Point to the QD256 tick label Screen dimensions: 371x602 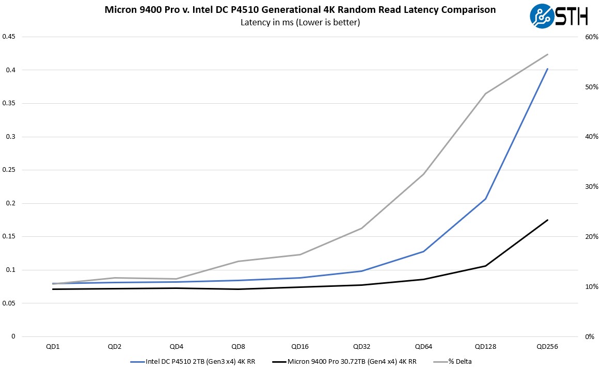pyautogui.click(x=547, y=346)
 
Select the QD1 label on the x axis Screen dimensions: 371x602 pyautogui.click(x=53, y=346)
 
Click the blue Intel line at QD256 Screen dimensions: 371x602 pyautogui.click(x=547, y=69)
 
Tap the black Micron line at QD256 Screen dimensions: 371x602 pyautogui.click(x=547, y=220)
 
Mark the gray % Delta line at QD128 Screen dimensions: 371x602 pyautogui.click(x=485, y=93)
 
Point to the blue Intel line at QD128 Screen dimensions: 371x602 pyautogui.click(x=485, y=199)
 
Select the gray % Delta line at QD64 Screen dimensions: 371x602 pyautogui.click(x=423, y=174)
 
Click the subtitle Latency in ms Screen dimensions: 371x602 pyautogui.click(x=300, y=22)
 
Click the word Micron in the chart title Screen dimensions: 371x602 pyautogui.click(x=119, y=9)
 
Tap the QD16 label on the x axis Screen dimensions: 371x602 pyautogui.click(x=300, y=346)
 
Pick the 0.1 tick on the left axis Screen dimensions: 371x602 pyautogui.click(x=11, y=270)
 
